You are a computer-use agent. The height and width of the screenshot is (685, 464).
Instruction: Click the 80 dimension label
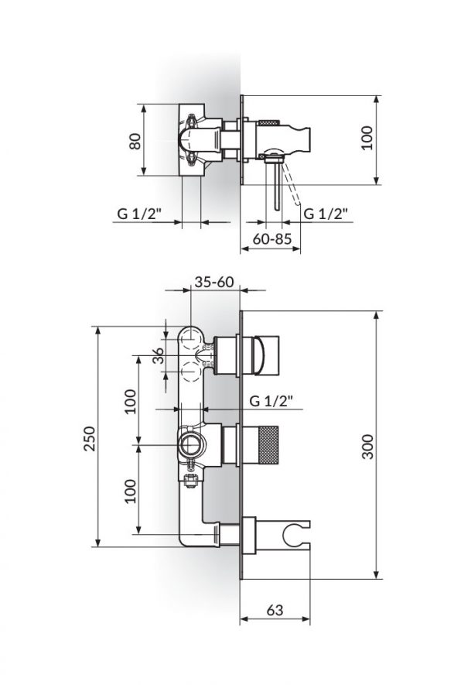[135, 141]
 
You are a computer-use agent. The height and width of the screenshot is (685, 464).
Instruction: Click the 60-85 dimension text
[271, 239]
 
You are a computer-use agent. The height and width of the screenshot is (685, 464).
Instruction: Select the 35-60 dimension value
[214, 283]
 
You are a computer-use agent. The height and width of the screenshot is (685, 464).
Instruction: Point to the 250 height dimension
[89, 440]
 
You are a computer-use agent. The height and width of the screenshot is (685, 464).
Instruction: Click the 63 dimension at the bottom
[275, 609]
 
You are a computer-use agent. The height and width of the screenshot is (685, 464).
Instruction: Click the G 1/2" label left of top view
[139, 214]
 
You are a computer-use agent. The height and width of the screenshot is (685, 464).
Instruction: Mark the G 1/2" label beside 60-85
[325, 214]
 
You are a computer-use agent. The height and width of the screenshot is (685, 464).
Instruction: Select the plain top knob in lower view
[265, 354]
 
